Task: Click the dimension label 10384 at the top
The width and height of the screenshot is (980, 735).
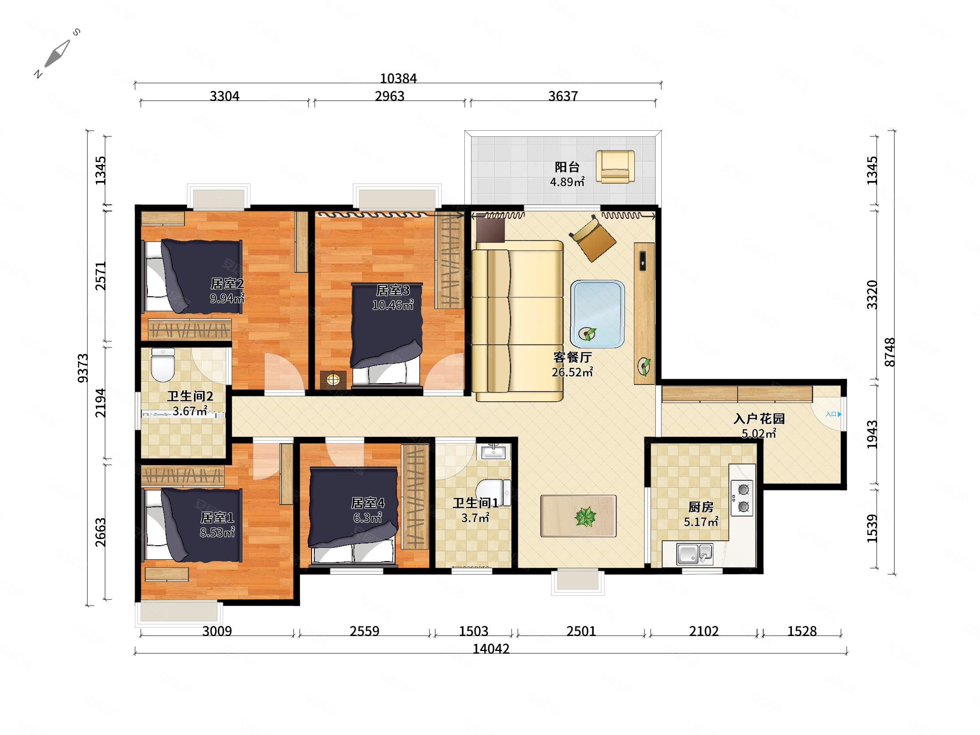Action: pos(398,79)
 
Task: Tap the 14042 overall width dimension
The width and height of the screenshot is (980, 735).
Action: pos(491,649)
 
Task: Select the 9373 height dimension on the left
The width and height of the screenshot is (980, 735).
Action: pos(83,368)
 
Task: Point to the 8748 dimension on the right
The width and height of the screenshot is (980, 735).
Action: pos(890,352)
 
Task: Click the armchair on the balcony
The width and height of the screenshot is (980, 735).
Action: pos(615,166)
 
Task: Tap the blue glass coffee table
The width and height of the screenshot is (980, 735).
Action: pos(598,313)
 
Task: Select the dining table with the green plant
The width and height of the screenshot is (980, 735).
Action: pos(578,516)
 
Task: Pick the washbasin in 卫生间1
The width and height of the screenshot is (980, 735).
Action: pos(494,452)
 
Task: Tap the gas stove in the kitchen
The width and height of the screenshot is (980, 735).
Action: pos(742,498)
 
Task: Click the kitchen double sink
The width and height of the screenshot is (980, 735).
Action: pos(694,554)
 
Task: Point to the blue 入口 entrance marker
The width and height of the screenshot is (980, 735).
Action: pos(833,414)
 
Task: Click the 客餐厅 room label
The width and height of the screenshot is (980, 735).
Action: pos(573,357)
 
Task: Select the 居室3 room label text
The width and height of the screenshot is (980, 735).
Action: pos(392,290)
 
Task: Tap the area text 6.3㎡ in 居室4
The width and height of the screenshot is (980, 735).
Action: pos(367,517)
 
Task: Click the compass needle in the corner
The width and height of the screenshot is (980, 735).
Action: pos(57,53)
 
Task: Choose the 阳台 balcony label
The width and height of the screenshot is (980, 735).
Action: pos(567,167)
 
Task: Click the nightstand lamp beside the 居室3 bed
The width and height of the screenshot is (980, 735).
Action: pos(333,380)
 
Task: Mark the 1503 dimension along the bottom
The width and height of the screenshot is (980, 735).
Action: pos(474,631)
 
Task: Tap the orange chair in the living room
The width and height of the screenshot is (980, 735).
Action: pos(592,238)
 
